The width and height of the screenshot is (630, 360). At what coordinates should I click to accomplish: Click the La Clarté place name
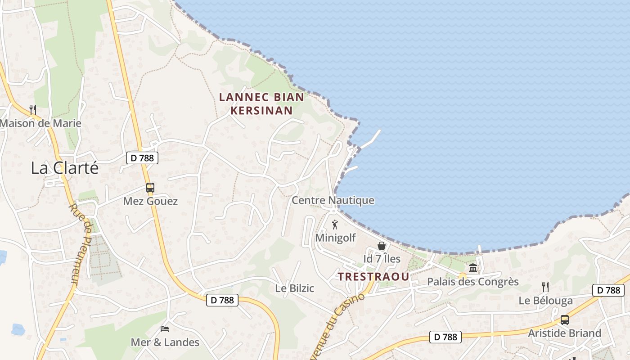64,168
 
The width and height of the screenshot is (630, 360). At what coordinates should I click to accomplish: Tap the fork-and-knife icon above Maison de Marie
32,109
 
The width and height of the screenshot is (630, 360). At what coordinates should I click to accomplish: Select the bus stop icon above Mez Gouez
150,188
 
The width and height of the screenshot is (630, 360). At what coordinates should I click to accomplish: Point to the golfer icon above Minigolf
335,224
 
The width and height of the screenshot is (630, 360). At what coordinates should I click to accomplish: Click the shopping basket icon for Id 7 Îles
382,246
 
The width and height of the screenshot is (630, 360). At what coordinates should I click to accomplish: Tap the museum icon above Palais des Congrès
473,268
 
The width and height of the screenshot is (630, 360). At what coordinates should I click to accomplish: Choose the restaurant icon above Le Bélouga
545,287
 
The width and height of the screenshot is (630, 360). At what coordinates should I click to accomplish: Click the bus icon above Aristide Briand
564,320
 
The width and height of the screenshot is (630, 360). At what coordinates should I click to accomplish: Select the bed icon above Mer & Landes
165,329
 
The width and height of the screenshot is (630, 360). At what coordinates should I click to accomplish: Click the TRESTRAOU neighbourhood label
373,277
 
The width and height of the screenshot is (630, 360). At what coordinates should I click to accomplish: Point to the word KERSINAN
261,110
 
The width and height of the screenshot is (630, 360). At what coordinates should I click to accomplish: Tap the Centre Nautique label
333,200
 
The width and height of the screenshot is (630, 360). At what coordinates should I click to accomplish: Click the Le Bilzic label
295,288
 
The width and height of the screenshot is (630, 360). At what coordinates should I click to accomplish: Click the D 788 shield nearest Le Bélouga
609,290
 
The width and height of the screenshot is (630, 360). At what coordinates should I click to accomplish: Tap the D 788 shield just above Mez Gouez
142,158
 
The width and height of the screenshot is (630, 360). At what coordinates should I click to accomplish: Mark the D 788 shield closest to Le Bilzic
222,300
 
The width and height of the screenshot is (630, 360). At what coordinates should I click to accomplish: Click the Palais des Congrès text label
472,282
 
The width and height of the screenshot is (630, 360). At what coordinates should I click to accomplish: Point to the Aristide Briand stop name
564,333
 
